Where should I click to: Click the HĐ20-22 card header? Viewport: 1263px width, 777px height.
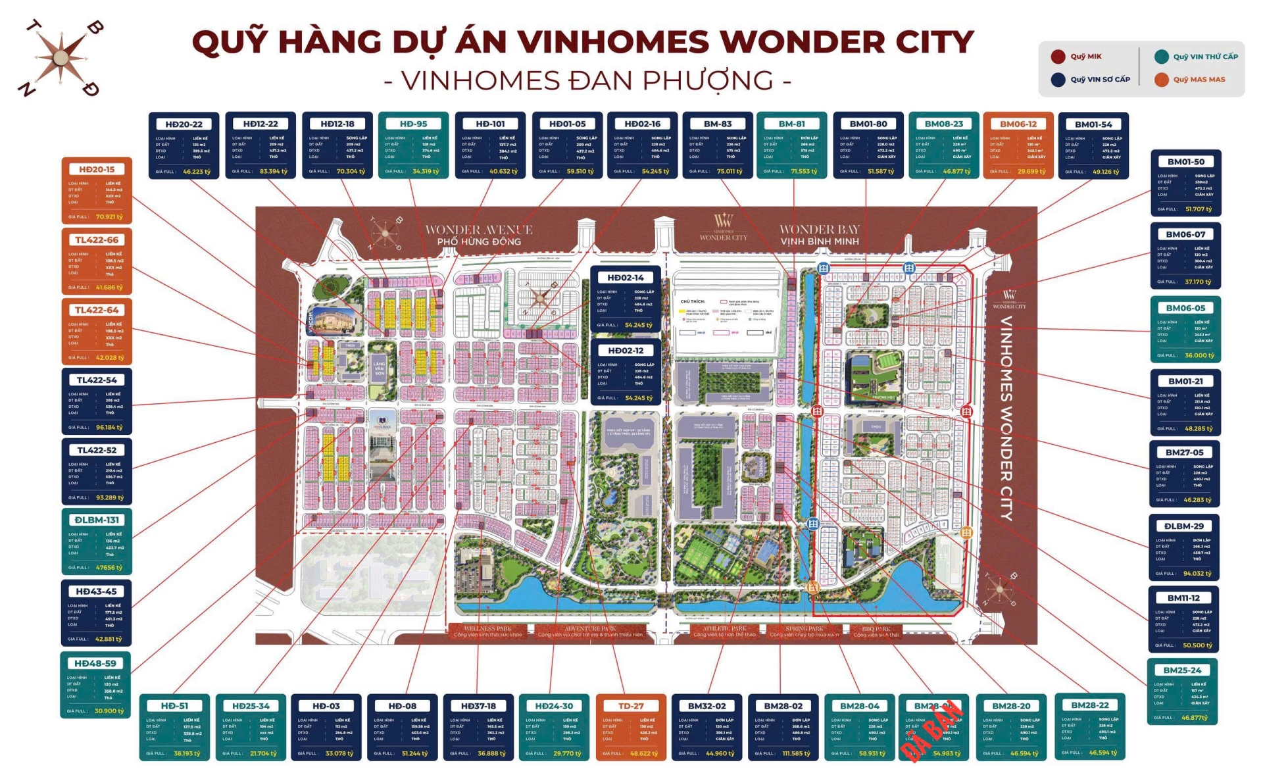click(x=184, y=124)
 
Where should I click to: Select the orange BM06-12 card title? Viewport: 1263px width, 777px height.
click(x=1018, y=124)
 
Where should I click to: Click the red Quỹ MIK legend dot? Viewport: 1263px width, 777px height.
click(x=1058, y=57)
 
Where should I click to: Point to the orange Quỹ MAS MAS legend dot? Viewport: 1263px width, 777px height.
click(x=1162, y=80)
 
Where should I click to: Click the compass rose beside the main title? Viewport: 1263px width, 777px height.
click(x=61, y=58)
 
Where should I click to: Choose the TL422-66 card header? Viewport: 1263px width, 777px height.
click(x=97, y=240)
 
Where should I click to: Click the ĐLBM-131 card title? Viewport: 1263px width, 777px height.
click(x=97, y=520)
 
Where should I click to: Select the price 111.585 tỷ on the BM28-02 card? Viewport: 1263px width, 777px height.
click(x=796, y=753)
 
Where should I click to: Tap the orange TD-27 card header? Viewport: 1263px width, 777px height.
click(x=631, y=706)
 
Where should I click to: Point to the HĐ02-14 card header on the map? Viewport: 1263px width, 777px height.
click(x=626, y=278)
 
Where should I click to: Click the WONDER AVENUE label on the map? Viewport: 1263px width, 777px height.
click(x=478, y=230)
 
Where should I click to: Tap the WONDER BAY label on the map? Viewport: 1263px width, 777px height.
click(x=819, y=230)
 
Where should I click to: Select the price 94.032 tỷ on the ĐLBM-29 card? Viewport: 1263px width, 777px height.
click(x=1197, y=573)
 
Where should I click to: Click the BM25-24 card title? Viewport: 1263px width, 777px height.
click(x=1182, y=670)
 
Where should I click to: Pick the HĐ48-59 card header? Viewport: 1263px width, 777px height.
click(x=95, y=664)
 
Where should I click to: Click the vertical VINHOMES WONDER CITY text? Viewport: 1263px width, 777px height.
click(x=1006, y=418)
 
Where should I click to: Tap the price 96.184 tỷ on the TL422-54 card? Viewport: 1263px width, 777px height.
click(x=109, y=428)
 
